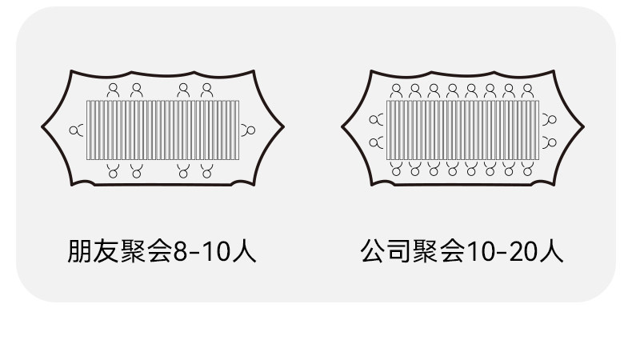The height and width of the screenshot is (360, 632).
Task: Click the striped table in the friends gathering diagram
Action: [x=164, y=130]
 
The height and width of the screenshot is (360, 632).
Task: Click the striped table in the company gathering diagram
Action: [x=462, y=130]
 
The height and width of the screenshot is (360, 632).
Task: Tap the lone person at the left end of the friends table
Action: [x=77, y=130]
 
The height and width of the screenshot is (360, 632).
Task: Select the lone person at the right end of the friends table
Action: [x=250, y=130]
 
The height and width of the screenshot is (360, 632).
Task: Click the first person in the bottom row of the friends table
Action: [x=114, y=170]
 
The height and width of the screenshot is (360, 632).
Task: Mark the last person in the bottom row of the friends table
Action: [x=207, y=170]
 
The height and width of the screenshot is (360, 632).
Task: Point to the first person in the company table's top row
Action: [x=396, y=90]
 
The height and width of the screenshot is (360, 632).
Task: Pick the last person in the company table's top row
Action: [x=527, y=90]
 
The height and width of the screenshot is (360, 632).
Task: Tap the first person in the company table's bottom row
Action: [x=396, y=169]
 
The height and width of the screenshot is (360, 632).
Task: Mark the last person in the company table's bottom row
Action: [x=527, y=169]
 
